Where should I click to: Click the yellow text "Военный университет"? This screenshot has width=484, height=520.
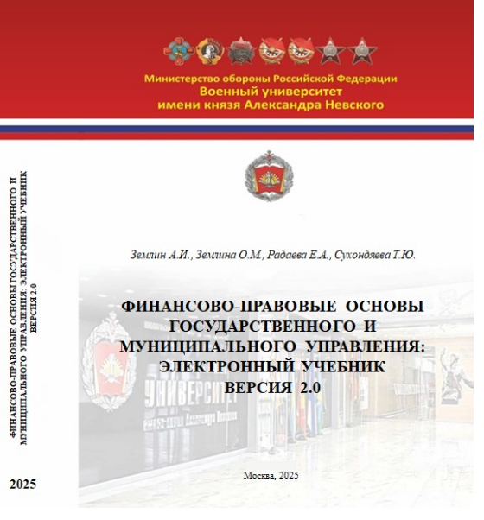[271, 91]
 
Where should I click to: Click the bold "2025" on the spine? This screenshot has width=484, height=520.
[22, 485]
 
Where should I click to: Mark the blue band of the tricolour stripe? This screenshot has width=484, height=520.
[242, 130]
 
